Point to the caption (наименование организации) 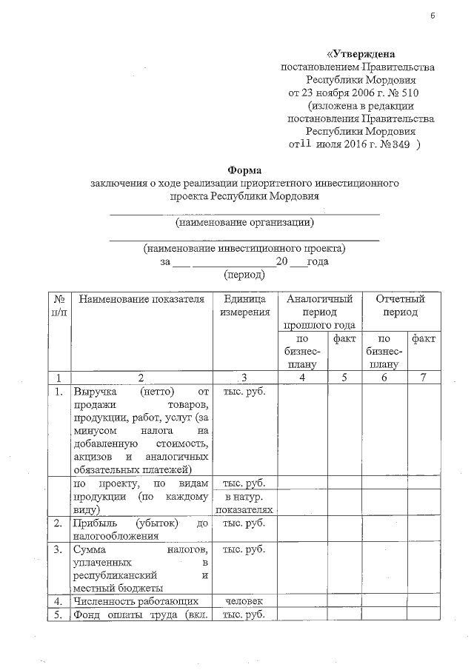[244, 222]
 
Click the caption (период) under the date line [244, 274]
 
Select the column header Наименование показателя [141, 299]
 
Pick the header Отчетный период [400, 305]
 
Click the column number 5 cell [344, 378]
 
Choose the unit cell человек [244, 600]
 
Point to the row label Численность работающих [134, 600]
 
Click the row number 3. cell [58, 550]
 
